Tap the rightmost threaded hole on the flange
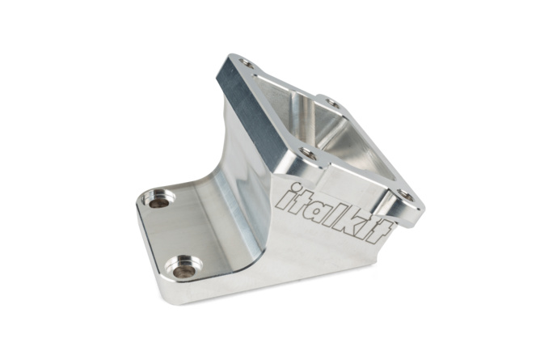tap(407, 195)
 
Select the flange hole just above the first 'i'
tap(306, 154)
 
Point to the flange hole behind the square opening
tap(329, 103)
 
